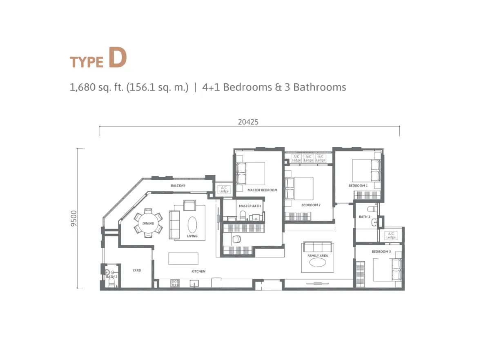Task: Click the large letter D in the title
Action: click(x=118, y=57)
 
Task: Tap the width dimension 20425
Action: click(x=248, y=122)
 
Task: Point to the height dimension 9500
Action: click(x=74, y=218)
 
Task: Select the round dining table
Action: click(x=148, y=223)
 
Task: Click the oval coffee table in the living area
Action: click(x=192, y=224)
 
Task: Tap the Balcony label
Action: click(x=178, y=186)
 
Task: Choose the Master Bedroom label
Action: click(x=262, y=190)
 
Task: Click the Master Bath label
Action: click(x=249, y=206)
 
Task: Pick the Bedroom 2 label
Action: click(x=311, y=205)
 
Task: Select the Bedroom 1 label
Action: click(x=358, y=186)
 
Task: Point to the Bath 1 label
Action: click(x=364, y=217)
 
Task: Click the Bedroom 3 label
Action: click(x=381, y=251)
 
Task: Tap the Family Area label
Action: click(x=318, y=256)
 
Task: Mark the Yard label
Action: click(x=137, y=270)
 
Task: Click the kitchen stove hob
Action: click(x=175, y=283)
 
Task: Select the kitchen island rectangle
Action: click(x=183, y=258)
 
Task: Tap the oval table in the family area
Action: click(x=318, y=262)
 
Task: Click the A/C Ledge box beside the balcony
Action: click(x=224, y=189)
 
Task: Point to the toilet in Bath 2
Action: click(x=111, y=284)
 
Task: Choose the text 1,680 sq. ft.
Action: click(x=96, y=87)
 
